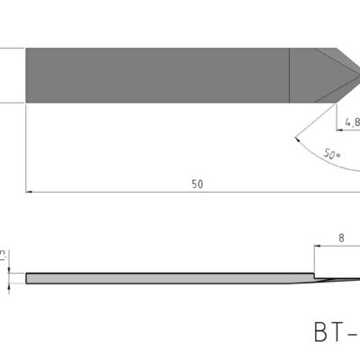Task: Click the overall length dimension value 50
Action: (196, 183)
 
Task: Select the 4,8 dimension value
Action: (351, 116)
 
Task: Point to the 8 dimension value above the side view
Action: (343, 239)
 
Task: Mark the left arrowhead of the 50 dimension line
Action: (31, 191)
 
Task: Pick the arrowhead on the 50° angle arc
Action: (297, 139)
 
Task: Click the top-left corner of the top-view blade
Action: (26, 47)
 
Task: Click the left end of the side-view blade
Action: (29, 278)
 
